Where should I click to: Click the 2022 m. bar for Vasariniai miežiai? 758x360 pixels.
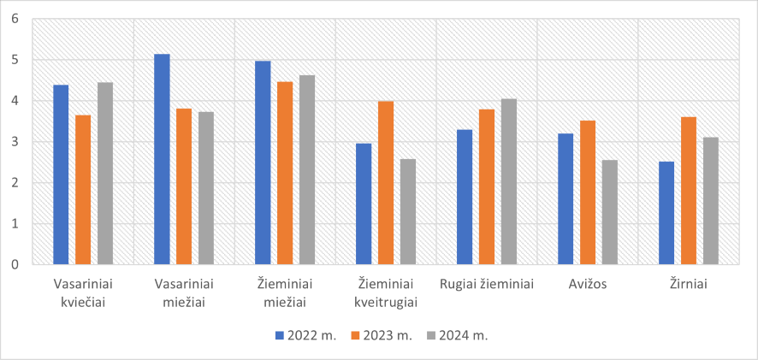pos(162,159)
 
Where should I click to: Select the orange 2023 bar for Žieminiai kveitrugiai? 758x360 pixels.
pos(386,183)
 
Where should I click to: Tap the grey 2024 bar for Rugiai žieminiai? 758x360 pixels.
pos(509,181)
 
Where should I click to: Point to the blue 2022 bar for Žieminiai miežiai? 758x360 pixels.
pos(263,162)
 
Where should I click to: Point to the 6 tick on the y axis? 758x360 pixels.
pos(14,19)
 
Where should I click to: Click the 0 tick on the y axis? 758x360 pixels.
pos(14,264)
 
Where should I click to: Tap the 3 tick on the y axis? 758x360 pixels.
pos(14,142)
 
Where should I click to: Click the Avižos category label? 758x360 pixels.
pos(587,284)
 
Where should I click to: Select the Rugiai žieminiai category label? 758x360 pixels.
pos(486,284)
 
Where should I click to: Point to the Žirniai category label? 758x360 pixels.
pos(688,284)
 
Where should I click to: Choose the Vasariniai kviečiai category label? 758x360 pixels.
pos(83,292)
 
